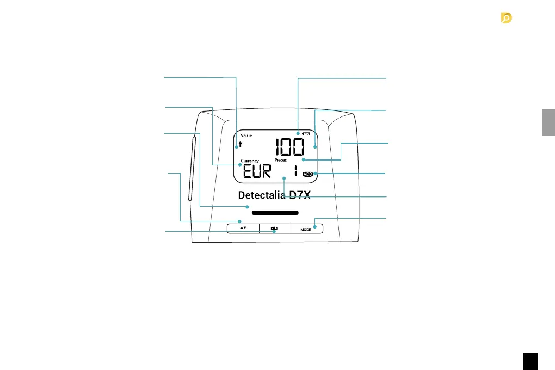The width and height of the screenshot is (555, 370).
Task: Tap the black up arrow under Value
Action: [x=240, y=145]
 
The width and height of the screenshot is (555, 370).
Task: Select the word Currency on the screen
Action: [x=250, y=161]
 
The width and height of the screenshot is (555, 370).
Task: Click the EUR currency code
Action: [x=256, y=174]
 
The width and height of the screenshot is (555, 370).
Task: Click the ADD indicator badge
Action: [x=308, y=174]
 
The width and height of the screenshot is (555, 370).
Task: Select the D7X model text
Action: [x=300, y=196]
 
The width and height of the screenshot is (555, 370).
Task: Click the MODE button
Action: [x=306, y=230]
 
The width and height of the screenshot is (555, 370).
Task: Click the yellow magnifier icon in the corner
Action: [x=507, y=18]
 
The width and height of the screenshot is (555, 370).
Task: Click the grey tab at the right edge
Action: [x=548, y=122]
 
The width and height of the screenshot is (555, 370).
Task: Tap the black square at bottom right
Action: [x=531, y=361]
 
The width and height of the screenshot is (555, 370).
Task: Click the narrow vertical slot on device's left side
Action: [x=191, y=169]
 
